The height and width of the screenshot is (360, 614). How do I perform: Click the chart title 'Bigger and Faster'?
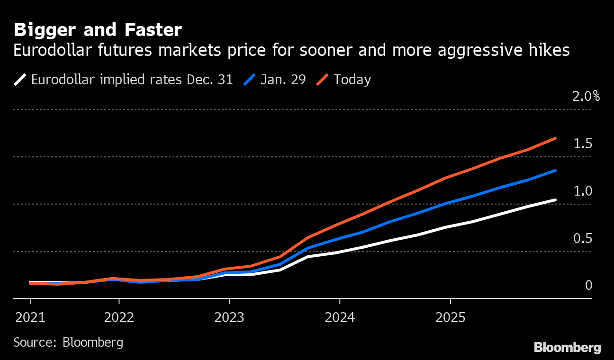98,30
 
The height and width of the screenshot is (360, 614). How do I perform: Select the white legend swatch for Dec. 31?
20,79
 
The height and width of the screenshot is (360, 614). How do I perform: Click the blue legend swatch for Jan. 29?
250,79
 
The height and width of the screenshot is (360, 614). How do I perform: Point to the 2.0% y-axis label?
586,97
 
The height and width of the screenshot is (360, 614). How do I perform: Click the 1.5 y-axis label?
583,144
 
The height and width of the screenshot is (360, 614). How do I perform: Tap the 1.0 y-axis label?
583,191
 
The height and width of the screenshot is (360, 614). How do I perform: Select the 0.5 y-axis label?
583,239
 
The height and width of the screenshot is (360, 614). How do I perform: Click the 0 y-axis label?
588,285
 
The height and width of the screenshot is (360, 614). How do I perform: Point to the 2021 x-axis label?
31,317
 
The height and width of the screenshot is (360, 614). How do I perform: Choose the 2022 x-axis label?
119,317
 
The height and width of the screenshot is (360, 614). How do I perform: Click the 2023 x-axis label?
229,317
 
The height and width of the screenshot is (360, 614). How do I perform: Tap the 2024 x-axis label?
340,317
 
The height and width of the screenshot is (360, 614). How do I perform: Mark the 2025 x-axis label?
450,317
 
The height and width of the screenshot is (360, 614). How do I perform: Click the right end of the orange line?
555,138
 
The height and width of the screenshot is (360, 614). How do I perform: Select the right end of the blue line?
555,171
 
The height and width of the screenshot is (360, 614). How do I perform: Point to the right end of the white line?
555,200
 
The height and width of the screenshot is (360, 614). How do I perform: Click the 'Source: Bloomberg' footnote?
68,342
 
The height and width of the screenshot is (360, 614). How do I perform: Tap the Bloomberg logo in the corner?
567,348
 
